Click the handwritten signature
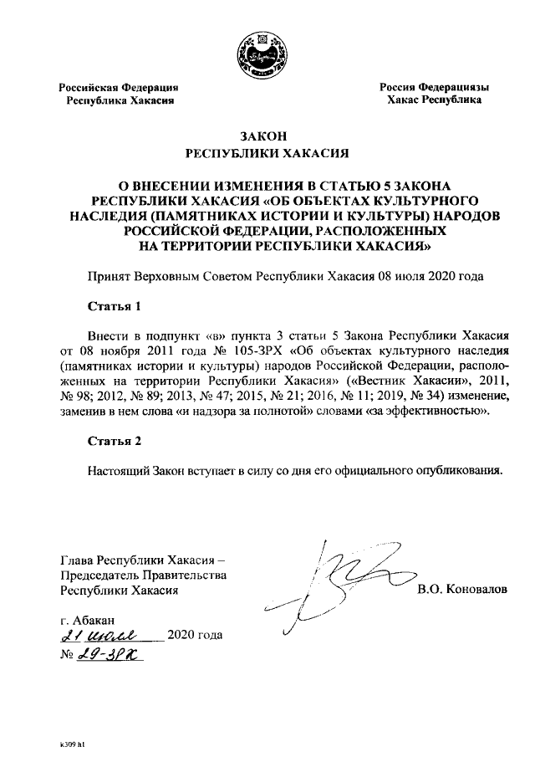pyautogui.click(x=334, y=586)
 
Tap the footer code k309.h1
pyautogui.click(x=72, y=742)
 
